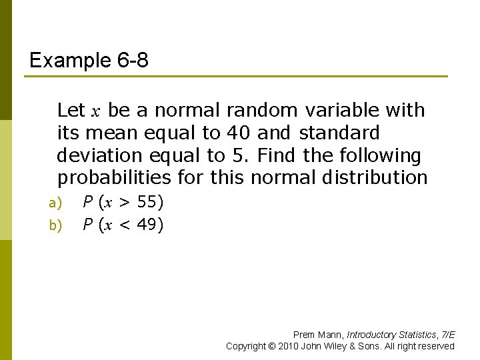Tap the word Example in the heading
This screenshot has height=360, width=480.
(62, 61)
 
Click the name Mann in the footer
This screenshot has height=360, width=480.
(329, 335)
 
